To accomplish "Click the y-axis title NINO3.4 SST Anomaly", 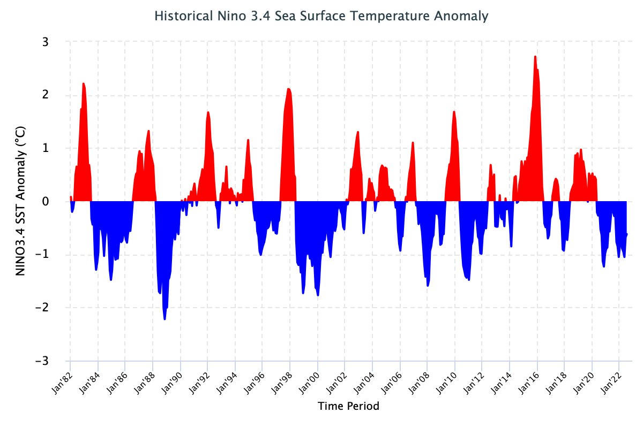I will (x=21, y=201).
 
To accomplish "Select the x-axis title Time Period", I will (x=348, y=406).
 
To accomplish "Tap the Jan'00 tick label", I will (x=310, y=384).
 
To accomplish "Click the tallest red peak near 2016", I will (x=535, y=56).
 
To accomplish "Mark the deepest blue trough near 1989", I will (x=165, y=319).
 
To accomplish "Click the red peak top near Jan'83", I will (x=84, y=83).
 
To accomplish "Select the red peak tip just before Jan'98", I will (x=288, y=89).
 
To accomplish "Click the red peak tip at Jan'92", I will (x=208, y=112).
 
